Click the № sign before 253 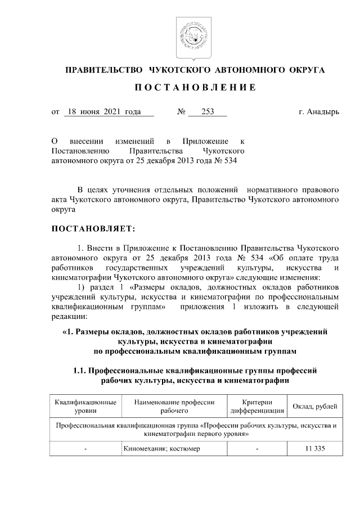click(x=181, y=112)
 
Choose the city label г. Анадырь click(x=319, y=112)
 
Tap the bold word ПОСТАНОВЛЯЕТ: click(x=93, y=229)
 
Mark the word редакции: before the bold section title click(x=69, y=317)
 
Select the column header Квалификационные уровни click(x=85, y=407)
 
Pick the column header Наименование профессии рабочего click(x=174, y=407)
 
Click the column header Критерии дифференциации click(x=257, y=407)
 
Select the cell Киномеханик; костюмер click(x=160, y=449)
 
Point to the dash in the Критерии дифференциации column click(x=257, y=449)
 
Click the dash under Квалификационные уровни click(x=85, y=449)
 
